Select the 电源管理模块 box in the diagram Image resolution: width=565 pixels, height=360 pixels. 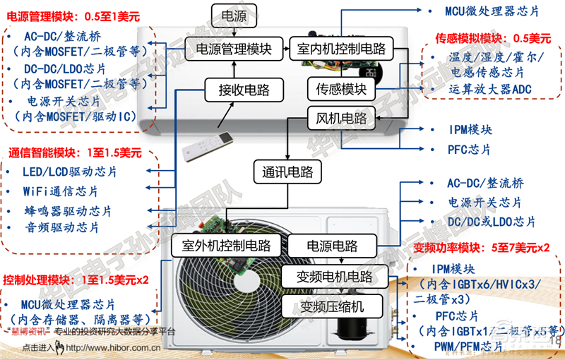[x=233, y=49]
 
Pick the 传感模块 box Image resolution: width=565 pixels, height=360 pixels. [x=341, y=90]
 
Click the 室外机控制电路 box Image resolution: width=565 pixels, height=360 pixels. [x=226, y=246]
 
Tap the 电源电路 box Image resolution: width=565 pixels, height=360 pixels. [x=332, y=246]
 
